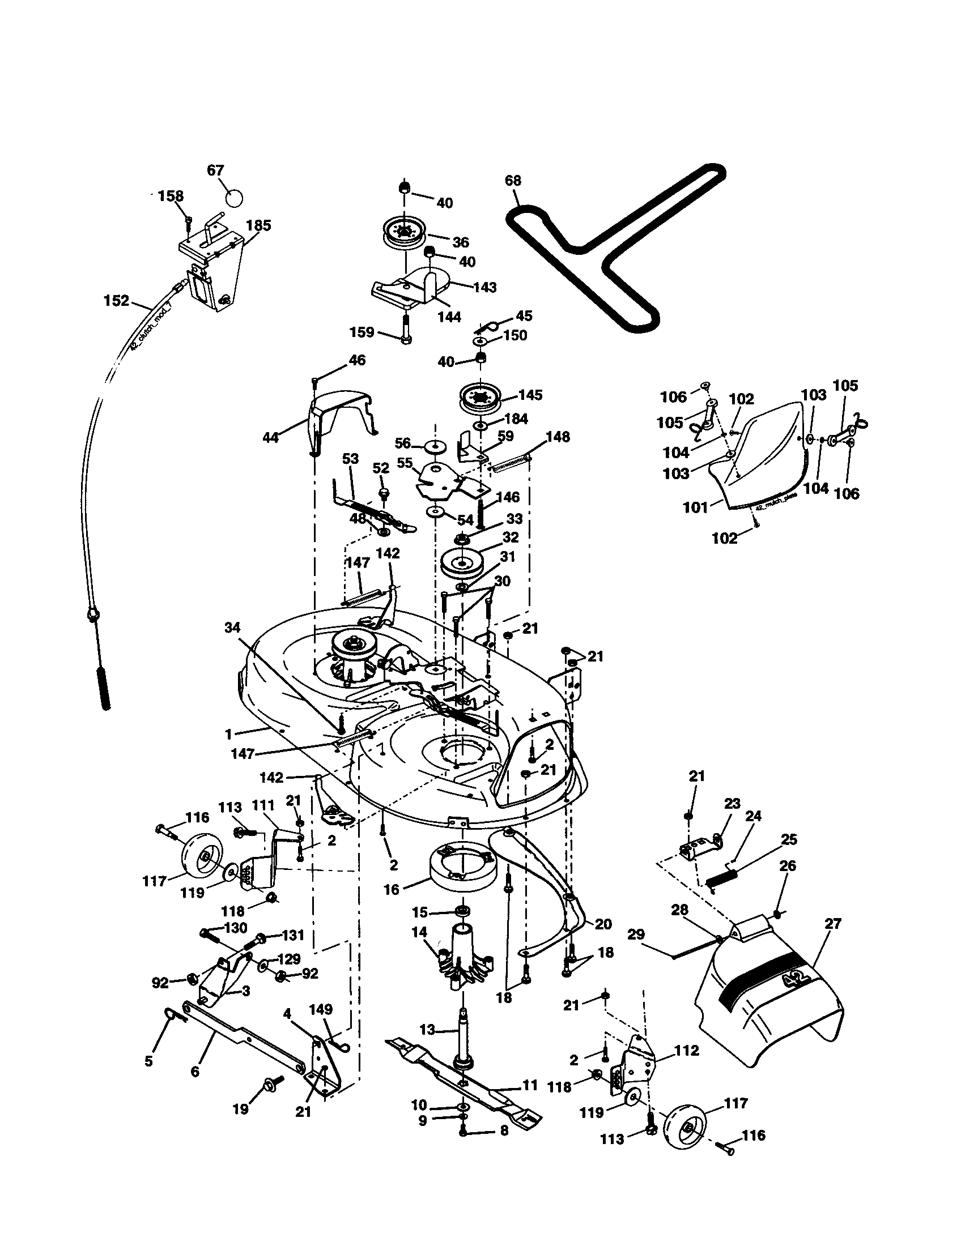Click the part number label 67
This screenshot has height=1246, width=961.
(x=215, y=170)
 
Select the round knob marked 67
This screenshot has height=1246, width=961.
(x=233, y=198)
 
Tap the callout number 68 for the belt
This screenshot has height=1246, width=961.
(x=512, y=181)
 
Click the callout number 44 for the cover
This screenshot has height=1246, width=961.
(x=270, y=438)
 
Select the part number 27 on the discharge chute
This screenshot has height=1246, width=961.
(x=832, y=923)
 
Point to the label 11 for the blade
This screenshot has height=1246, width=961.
(x=530, y=1085)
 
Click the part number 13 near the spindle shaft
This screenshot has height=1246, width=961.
(x=427, y=1030)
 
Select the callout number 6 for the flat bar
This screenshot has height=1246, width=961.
(x=195, y=1072)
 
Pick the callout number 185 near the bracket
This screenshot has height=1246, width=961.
(x=258, y=225)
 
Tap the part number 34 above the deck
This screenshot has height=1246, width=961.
(x=232, y=628)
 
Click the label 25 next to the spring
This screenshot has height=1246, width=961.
(x=789, y=839)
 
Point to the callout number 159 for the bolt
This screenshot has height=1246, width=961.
(x=362, y=332)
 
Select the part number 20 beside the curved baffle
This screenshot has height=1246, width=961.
(x=603, y=924)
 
